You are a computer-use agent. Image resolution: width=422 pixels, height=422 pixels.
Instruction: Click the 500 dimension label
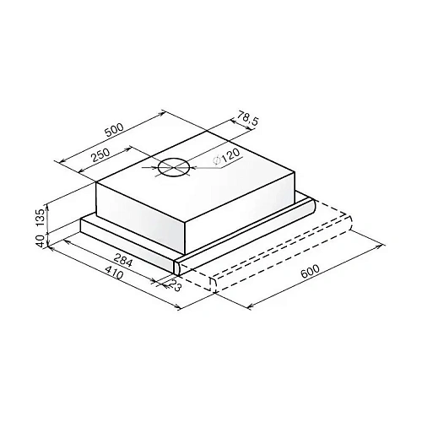coord(114,129)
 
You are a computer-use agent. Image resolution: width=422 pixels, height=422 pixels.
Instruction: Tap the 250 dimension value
coord(100,154)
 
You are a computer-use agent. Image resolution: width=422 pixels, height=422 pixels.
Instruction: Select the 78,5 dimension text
coord(247,118)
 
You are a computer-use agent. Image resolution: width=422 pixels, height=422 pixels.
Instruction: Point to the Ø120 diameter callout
coord(226,157)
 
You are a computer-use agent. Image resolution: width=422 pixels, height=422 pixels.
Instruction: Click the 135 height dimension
coord(41,218)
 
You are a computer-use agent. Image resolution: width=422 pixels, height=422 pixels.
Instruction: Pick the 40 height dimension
coord(41,241)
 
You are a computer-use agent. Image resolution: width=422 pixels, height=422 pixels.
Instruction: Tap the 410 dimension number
coord(114,273)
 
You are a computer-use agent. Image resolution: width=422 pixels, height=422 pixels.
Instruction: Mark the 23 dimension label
coord(174,286)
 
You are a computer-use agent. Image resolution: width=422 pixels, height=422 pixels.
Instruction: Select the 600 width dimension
coord(311,271)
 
